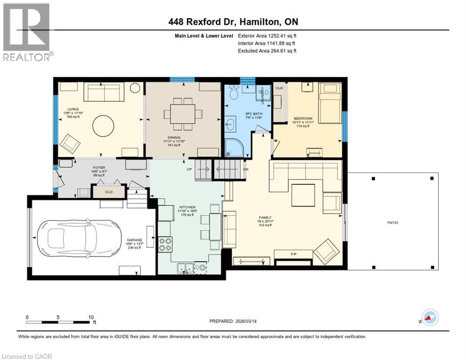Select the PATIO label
(392, 223)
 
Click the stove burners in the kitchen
(165, 244)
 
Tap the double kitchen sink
(186, 268)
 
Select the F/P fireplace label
(294, 254)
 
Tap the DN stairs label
(246, 169)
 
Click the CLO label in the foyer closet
(109, 192)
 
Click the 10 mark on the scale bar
(90, 317)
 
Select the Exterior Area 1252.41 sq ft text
(267, 35)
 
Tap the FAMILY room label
(265, 218)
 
